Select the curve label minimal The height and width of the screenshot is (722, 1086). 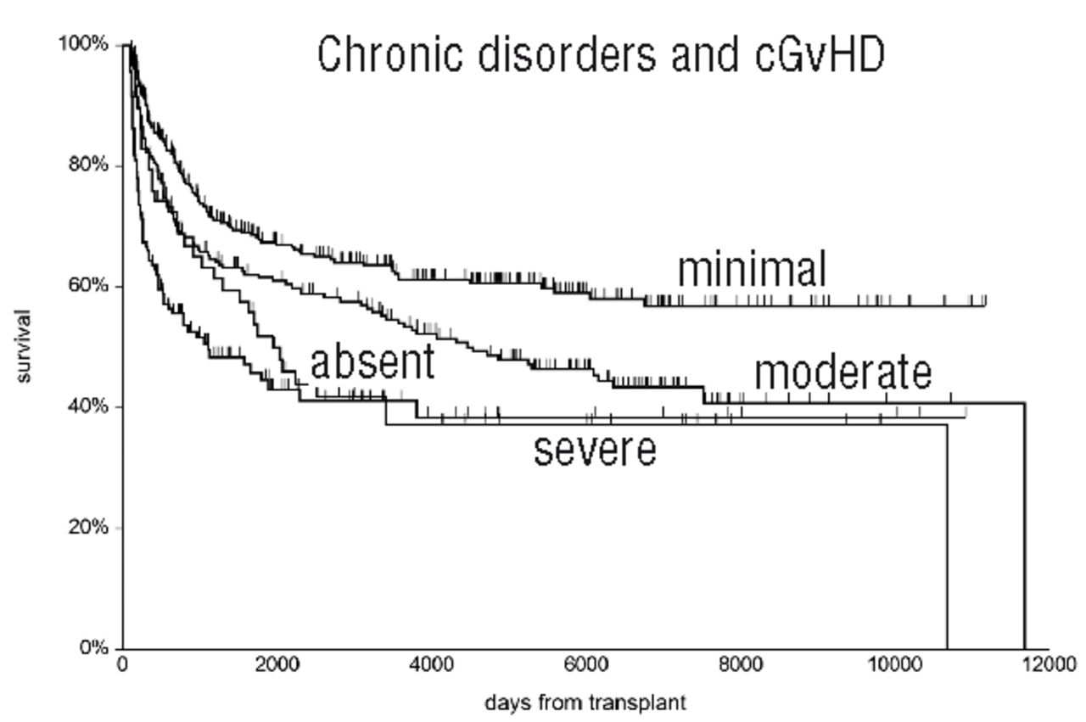pos(751,270)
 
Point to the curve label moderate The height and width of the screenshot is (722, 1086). pos(842,372)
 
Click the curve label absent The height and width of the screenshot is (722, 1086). pos(372,361)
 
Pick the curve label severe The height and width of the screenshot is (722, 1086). pos(595,450)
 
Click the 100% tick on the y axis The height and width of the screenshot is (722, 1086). pos(83,43)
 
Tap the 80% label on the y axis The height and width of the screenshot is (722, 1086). pos(88,165)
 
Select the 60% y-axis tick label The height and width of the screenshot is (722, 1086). pos(88,286)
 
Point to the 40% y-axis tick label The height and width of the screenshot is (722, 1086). pos(88,406)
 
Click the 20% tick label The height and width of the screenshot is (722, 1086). pos(88,527)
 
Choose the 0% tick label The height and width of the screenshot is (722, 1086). pos(92,648)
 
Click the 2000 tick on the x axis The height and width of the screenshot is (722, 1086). pos(277,663)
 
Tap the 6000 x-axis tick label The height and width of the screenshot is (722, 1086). pos(585,663)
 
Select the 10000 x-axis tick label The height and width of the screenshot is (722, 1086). pos(894,663)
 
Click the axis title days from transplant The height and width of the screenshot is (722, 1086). pos(585,702)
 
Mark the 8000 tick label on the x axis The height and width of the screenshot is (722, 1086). pos(740,663)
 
